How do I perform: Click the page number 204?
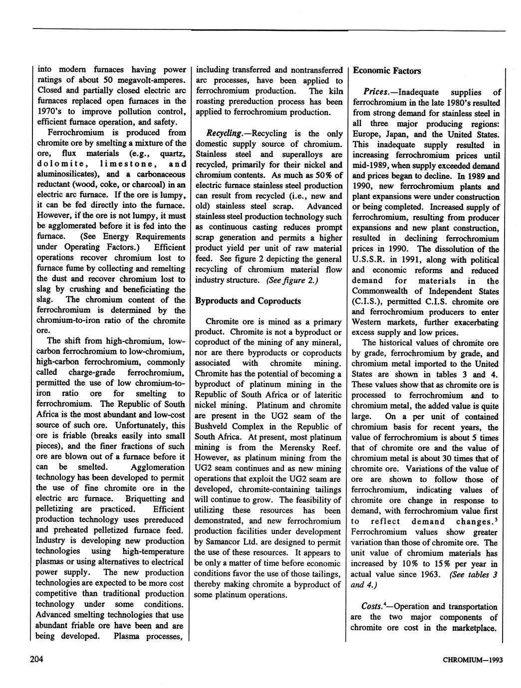(36, 660)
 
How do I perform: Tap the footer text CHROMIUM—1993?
(473, 660)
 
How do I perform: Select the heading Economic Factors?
(387, 70)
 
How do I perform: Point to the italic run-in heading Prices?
(379, 92)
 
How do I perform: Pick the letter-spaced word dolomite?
(62, 164)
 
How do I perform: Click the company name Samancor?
(220, 542)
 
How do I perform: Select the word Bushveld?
(212, 426)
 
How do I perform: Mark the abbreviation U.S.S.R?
(368, 260)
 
